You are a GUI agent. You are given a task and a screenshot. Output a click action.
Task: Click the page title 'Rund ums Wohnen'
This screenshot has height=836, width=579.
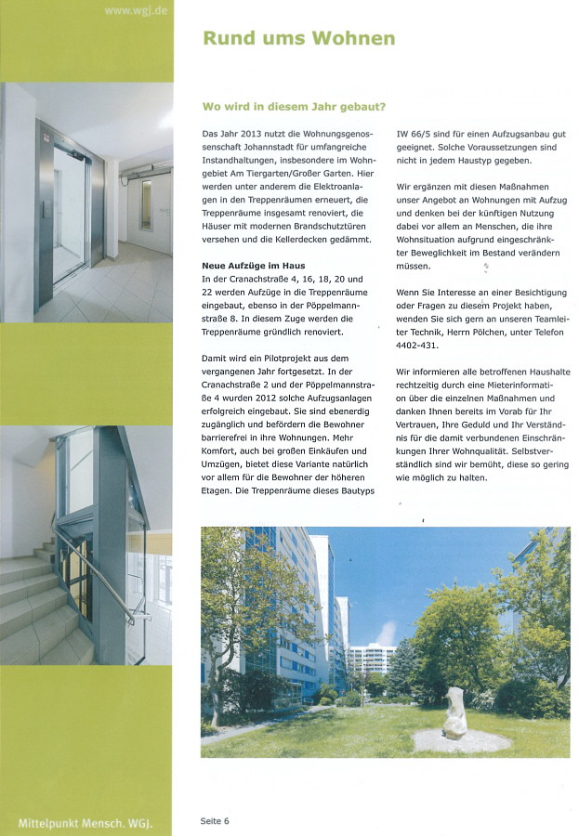(298, 38)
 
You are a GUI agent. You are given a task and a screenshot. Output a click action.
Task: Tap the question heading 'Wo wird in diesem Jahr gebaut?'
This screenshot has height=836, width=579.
(294, 106)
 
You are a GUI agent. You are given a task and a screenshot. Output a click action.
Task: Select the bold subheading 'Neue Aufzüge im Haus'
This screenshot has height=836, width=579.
(253, 266)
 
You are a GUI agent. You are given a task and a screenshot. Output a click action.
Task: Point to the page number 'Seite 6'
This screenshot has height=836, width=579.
(215, 820)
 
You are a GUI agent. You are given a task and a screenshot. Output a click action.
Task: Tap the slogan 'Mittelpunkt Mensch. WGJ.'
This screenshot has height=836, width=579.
(85, 823)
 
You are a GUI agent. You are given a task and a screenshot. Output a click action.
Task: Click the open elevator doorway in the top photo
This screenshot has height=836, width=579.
(69, 216)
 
